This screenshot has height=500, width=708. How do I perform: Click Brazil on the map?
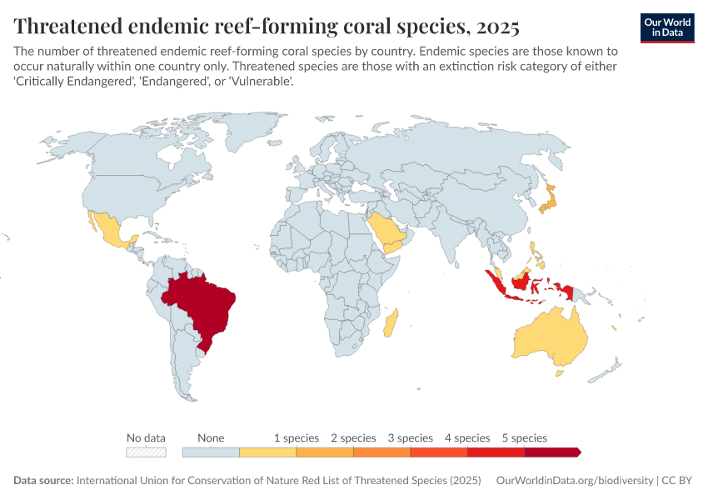click(204, 304)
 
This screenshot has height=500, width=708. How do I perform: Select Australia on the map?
click(550, 337)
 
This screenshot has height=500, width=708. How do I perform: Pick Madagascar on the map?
click(391, 323)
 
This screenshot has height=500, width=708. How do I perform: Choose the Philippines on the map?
click(535, 254)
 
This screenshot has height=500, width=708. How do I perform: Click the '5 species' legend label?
click(524, 437)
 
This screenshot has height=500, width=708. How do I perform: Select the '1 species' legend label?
click(297, 437)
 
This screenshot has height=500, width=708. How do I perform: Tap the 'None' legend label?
click(211, 437)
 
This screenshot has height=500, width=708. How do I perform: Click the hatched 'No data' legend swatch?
click(146, 452)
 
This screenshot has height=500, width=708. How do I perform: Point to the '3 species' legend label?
click(410, 437)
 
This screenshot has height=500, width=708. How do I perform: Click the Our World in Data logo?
click(667, 27)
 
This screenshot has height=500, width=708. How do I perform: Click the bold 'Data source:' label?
click(43, 481)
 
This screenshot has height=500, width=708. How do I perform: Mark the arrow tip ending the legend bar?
click(579, 452)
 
